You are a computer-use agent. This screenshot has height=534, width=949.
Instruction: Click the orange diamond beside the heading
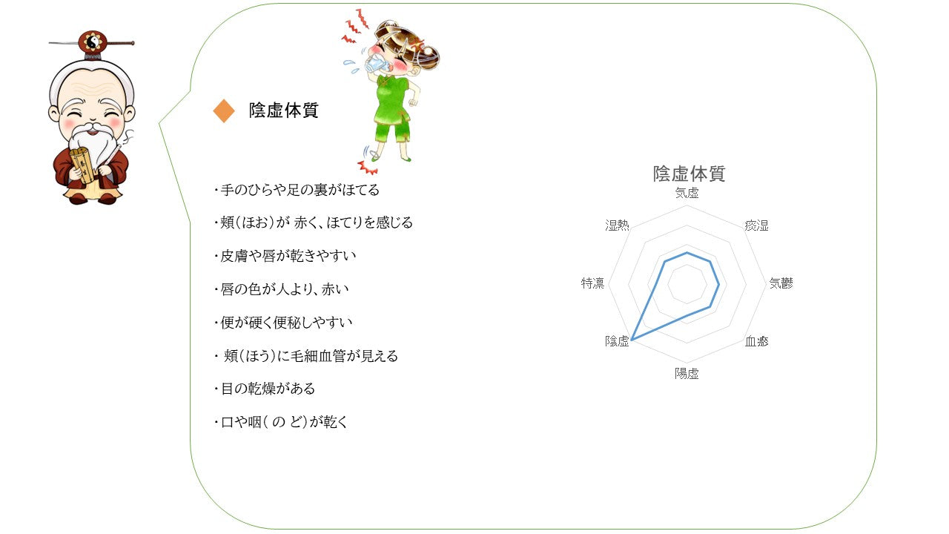[224, 111]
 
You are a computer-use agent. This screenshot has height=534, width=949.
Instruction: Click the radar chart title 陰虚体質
[689, 174]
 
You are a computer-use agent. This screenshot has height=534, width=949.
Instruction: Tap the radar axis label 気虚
[687, 194]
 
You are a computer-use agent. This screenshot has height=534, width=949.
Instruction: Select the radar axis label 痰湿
[757, 225]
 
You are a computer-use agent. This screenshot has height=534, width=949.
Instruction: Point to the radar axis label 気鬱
[781, 283]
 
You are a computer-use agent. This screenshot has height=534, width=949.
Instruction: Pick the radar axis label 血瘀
[757, 341]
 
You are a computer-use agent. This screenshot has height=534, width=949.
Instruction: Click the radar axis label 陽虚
[687, 374]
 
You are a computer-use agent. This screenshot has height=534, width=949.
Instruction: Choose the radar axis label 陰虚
[617, 341]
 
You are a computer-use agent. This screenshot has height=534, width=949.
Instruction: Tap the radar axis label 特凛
[592, 283]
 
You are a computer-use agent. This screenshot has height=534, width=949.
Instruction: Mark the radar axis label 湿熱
[617, 225]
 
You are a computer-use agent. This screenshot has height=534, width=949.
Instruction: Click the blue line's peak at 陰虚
[632, 340]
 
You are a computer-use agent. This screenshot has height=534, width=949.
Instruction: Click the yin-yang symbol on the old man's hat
[93, 42]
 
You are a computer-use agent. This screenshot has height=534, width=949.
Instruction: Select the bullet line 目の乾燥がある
[265, 389]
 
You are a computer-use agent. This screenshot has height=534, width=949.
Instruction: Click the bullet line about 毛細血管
[306, 356]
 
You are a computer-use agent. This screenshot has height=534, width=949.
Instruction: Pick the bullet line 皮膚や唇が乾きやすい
[285, 256]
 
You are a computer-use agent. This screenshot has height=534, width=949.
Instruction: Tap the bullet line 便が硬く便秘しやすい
[283, 323]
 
